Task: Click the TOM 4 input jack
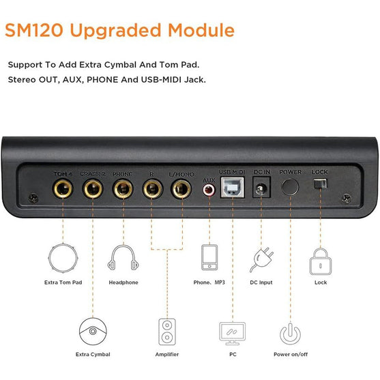(x=63, y=188)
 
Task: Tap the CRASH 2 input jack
(x=93, y=188)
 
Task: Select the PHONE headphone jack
(x=123, y=188)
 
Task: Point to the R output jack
(x=152, y=188)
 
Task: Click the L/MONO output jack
(x=181, y=188)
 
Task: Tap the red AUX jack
(x=209, y=190)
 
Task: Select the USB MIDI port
(x=232, y=188)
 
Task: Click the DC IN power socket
(x=261, y=188)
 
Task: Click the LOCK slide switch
(x=320, y=184)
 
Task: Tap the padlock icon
(x=321, y=261)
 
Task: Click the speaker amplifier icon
(x=167, y=332)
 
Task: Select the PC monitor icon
(x=232, y=334)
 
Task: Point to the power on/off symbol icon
(x=290, y=334)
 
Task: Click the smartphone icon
(x=209, y=257)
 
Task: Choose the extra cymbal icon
(x=93, y=332)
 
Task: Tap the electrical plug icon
(x=261, y=259)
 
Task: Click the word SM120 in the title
(x=34, y=30)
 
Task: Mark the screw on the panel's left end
(x=33, y=199)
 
